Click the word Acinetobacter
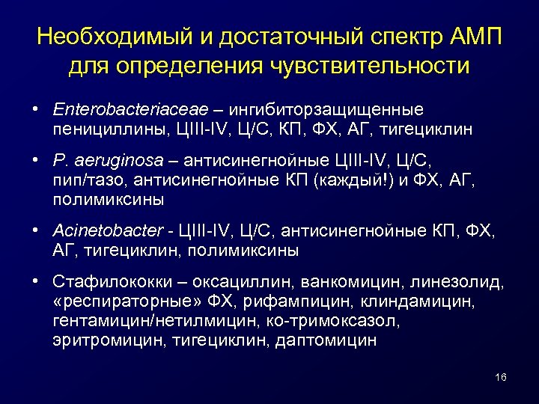click(x=98, y=232)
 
